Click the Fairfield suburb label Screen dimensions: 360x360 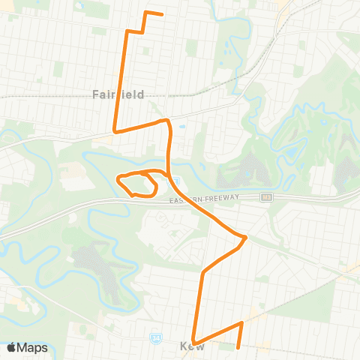118,94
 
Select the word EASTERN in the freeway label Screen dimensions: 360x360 185,197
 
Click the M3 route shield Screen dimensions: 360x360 265,197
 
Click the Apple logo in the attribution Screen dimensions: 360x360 12,347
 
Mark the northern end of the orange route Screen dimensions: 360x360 162,13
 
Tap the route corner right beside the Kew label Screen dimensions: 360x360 193,340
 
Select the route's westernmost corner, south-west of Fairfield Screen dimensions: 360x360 114,130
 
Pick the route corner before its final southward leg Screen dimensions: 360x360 242,322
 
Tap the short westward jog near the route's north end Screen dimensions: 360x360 134,31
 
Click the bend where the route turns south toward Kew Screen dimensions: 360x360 202,271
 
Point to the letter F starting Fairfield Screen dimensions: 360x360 95,94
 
